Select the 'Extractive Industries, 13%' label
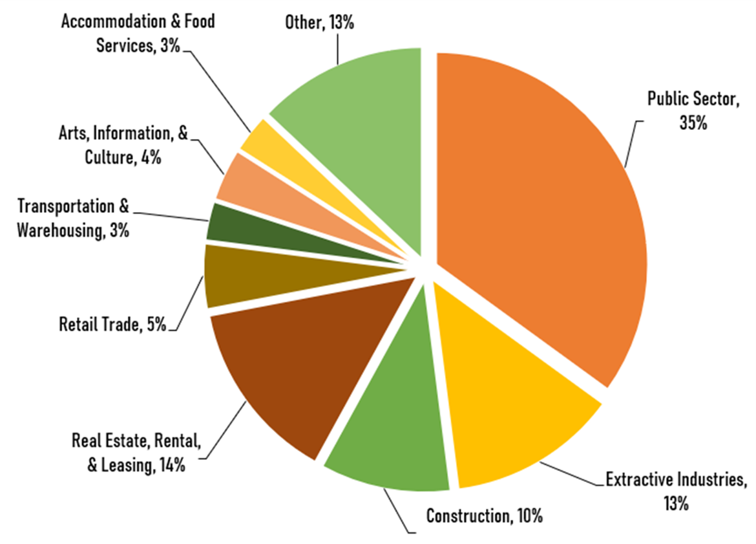[676, 490]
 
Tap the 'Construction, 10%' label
[484, 516]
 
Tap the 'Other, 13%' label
[319, 23]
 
